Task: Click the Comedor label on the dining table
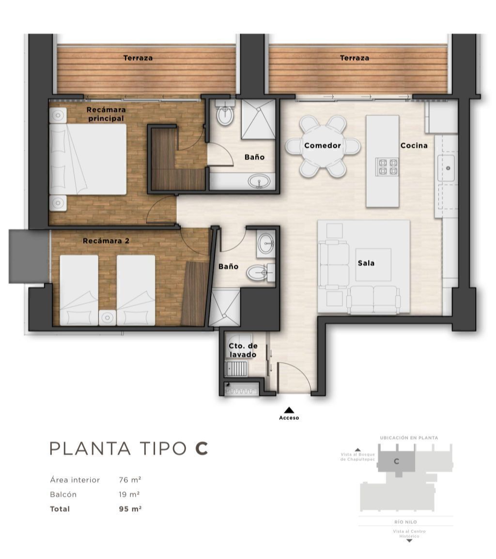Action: pyautogui.click(x=322, y=146)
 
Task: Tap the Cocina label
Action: pyautogui.click(x=414, y=146)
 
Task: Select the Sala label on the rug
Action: pyautogui.click(x=366, y=263)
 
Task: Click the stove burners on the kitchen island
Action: pyautogui.click(x=387, y=167)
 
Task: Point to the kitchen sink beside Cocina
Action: pyautogui.click(x=446, y=168)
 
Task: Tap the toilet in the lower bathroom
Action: pyautogui.click(x=261, y=273)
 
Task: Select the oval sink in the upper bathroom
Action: pyautogui.click(x=260, y=181)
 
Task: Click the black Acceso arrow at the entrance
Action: pyautogui.click(x=289, y=410)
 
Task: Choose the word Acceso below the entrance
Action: pyautogui.click(x=289, y=418)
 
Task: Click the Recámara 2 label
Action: pyautogui.click(x=106, y=241)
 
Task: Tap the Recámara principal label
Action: pyautogui.click(x=106, y=114)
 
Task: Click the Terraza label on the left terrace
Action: pyautogui.click(x=138, y=58)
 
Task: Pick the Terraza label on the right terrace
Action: pyautogui.click(x=355, y=58)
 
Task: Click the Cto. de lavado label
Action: pyautogui.click(x=243, y=350)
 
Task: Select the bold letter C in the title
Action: pyautogui.click(x=201, y=449)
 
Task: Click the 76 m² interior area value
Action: pyautogui.click(x=130, y=480)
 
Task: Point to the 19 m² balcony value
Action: pyautogui.click(x=129, y=495)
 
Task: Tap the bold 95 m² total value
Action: pyautogui.click(x=130, y=509)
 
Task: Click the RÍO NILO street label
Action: pyautogui.click(x=406, y=522)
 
